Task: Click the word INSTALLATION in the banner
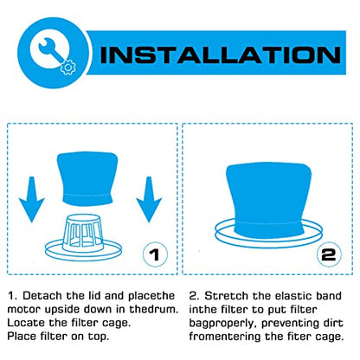click(221, 55)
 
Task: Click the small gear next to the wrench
click(67, 67)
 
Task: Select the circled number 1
click(155, 254)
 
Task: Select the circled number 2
click(329, 254)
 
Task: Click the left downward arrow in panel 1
click(31, 199)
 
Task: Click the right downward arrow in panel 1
click(149, 199)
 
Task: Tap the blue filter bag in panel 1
click(87, 178)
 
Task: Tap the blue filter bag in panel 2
click(268, 199)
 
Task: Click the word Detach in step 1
click(42, 296)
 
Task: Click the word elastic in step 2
click(293, 296)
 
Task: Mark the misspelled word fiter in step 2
click(300, 337)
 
